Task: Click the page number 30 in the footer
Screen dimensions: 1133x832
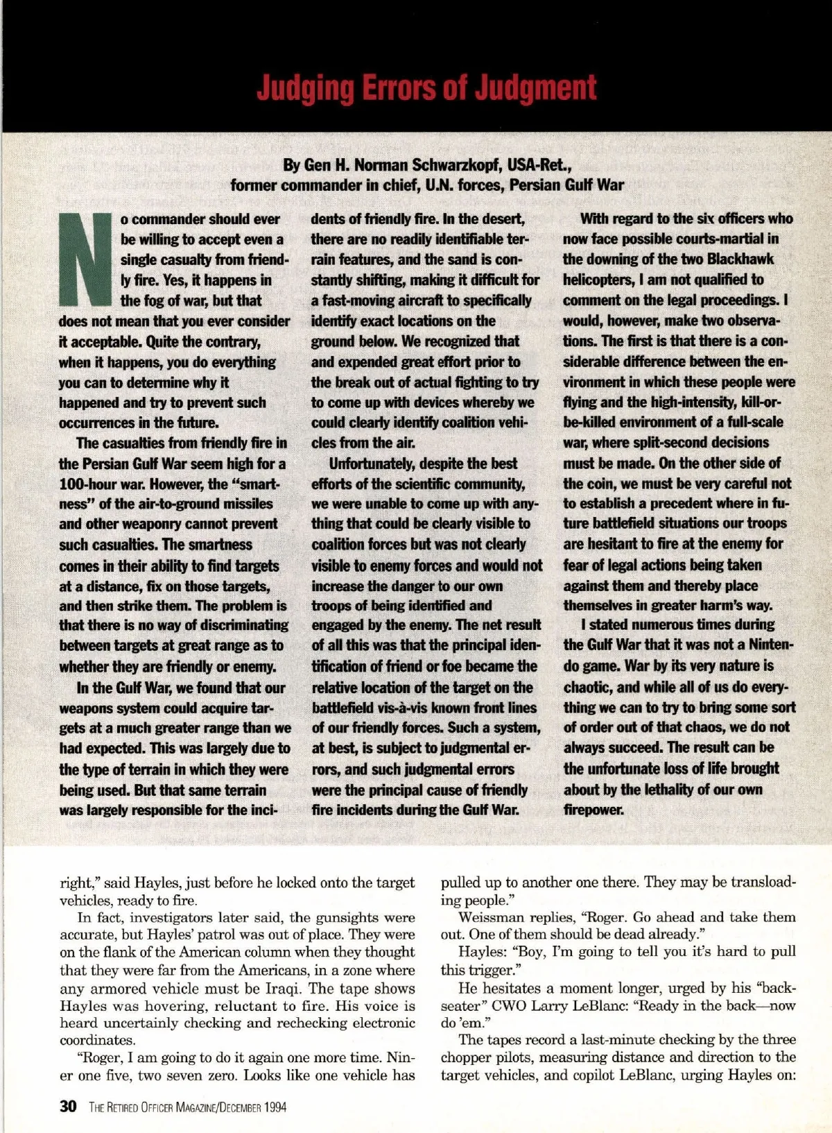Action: (x=68, y=1106)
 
